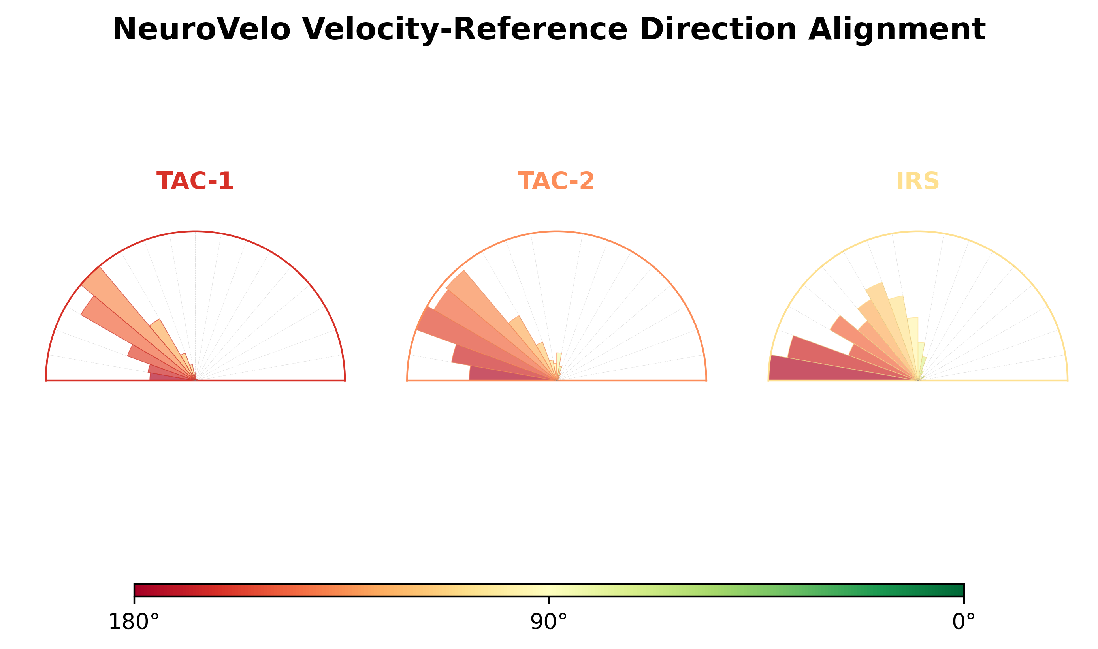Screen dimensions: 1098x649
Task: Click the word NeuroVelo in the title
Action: pos(202,30)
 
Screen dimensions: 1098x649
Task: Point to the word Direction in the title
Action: pos(718,30)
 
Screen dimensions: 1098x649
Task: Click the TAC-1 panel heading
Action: pos(195,181)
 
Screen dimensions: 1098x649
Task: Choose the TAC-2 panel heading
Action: pos(556,181)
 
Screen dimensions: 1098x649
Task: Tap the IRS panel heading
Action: pos(917,181)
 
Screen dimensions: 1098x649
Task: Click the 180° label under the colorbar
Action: pos(134,622)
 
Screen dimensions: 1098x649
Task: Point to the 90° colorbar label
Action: pos(548,622)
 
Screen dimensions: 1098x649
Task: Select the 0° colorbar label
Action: pos(964,622)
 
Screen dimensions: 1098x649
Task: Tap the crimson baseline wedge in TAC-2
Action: pos(512,373)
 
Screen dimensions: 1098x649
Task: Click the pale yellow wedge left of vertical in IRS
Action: pos(912,345)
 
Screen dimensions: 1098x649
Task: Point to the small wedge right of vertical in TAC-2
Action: pos(558,366)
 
